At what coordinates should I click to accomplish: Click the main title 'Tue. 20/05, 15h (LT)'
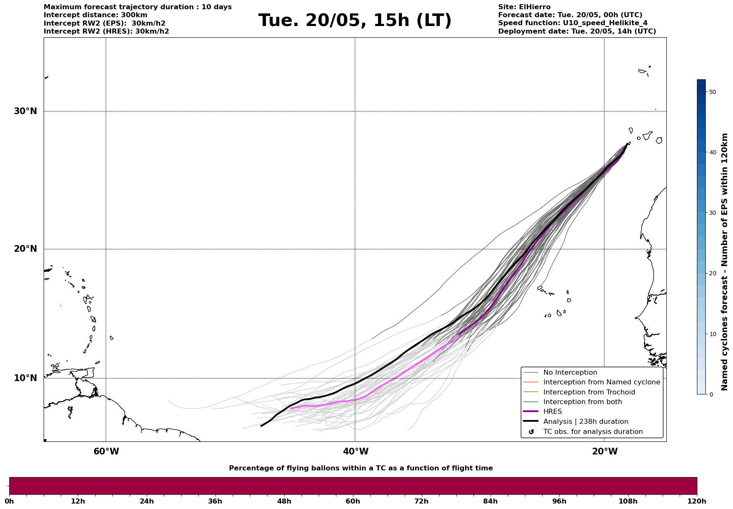pyautogui.click(x=355, y=21)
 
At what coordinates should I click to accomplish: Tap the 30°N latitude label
pyautogui.click(x=25, y=111)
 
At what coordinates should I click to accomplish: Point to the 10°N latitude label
pyautogui.click(x=25, y=378)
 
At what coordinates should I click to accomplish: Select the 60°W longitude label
pyautogui.click(x=106, y=452)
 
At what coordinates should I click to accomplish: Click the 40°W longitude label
pyautogui.click(x=356, y=452)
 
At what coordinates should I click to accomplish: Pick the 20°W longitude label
pyautogui.click(x=605, y=452)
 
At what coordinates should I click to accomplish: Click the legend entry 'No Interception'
pyautogui.click(x=570, y=373)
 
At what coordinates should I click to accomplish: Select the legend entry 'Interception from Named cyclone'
pyautogui.click(x=601, y=382)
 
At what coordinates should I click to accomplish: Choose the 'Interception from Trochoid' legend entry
pyautogui.click(x=589, y=392)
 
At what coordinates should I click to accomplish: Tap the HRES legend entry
pyautogui.click(x=552, y=412)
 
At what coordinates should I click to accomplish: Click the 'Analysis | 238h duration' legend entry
pyautogui.click(x=585, y=422)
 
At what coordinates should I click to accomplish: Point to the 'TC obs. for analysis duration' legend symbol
pyautogui.click(x=531, y=432)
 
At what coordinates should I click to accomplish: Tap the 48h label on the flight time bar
pyautogui.click(x=284, y=501)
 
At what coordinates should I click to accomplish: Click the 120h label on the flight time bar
pyautogui.click(x=697, y=501)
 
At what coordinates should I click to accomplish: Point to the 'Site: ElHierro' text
pyautogui.click(x=524, y=7)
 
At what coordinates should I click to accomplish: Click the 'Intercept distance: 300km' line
pyautogui.click(x=96, y=15)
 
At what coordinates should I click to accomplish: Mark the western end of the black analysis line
pyautogui.click(x=261, y=426)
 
